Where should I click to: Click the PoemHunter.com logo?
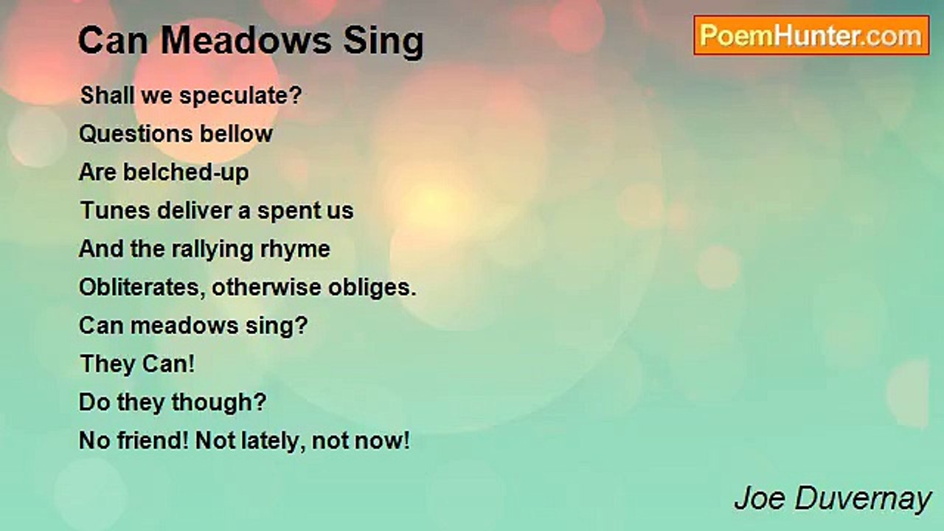click(811, 35)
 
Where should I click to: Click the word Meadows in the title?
click(246, 41)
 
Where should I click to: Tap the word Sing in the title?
click(383, 42)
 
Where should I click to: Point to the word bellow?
click(236, 134)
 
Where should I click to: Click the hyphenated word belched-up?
click(186, 173)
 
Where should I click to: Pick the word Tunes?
click(115, 211)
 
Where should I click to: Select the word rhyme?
click(295, 249)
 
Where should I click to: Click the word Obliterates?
click(142, 288)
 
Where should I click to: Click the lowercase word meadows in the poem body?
click(184, 326)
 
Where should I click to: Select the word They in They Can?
click(107, 364)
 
